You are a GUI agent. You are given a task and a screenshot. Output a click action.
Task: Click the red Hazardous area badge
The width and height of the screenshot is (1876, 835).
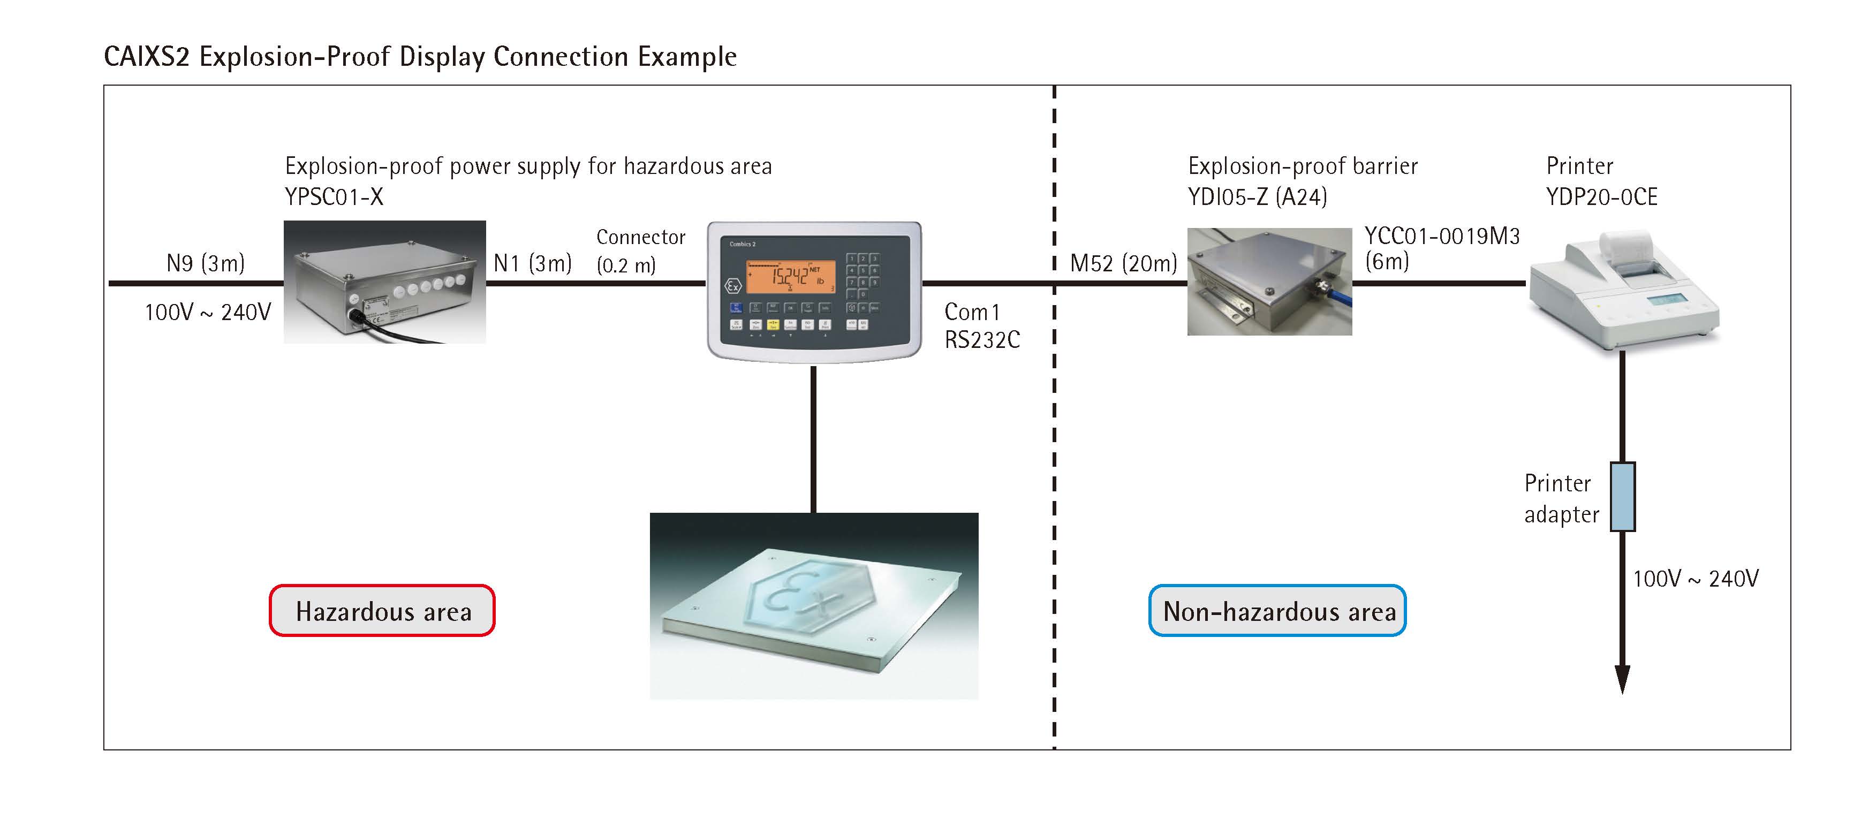point(382,611)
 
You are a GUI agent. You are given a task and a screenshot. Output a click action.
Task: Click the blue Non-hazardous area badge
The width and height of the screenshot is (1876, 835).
point(1277,611)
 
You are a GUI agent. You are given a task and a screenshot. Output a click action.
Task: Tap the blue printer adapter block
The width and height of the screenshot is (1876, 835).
point(1623,497)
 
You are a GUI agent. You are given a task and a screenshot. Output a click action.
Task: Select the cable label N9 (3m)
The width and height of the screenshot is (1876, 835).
point(206,263)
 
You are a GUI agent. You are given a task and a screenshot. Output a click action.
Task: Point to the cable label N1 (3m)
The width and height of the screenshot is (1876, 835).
point(532,263)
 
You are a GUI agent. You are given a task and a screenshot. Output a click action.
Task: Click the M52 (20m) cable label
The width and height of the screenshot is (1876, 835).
point(1123,263)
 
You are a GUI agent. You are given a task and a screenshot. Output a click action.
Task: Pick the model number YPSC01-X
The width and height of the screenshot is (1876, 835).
point(334,196)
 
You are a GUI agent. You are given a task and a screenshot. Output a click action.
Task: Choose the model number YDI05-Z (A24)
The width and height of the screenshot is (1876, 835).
point(1257,196)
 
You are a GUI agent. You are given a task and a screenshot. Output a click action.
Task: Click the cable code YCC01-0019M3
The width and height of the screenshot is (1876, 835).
point(1442,236)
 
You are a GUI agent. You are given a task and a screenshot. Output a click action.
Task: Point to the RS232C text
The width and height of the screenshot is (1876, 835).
point(982,340)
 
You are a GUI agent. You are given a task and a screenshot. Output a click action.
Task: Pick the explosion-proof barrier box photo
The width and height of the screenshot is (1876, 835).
point(1269,282)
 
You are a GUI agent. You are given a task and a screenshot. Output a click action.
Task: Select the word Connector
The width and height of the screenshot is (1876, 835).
point(641,237)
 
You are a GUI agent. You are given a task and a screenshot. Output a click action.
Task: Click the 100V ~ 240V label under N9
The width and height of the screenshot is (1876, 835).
point(208,312)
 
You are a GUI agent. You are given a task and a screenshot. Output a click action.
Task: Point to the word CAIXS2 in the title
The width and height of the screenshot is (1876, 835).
point(146,57)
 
